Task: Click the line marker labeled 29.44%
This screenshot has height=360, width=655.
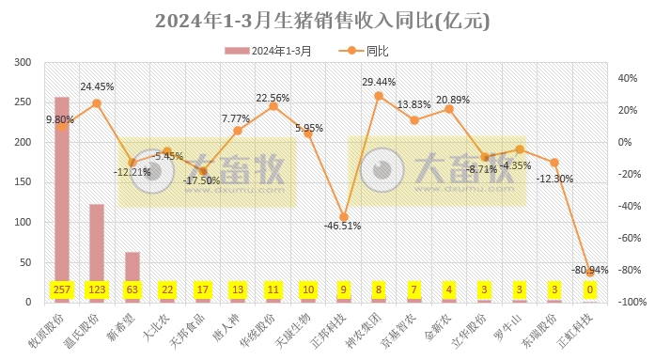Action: pyautogui.click(x=379, y=95)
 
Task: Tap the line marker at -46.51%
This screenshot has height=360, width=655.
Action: pyautogui.click(x=344, y=217)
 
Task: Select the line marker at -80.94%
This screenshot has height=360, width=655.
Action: pyautogui.click(x=591, y=272)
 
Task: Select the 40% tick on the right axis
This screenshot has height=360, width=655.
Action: pyautogui.click(x=626, y=78)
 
